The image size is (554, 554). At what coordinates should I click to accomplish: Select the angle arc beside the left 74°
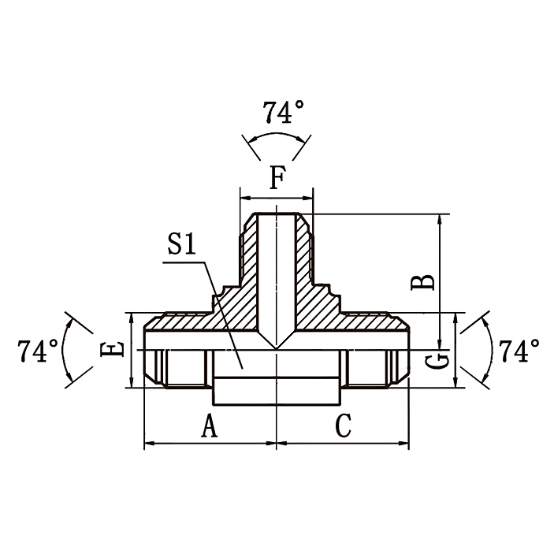[x=63, y=350]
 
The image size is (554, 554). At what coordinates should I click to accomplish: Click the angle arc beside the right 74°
[x=489, y=350]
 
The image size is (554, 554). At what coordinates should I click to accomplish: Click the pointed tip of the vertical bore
[x=277, y=348]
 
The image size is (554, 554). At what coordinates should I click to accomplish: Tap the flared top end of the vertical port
[x=277, y=215]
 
